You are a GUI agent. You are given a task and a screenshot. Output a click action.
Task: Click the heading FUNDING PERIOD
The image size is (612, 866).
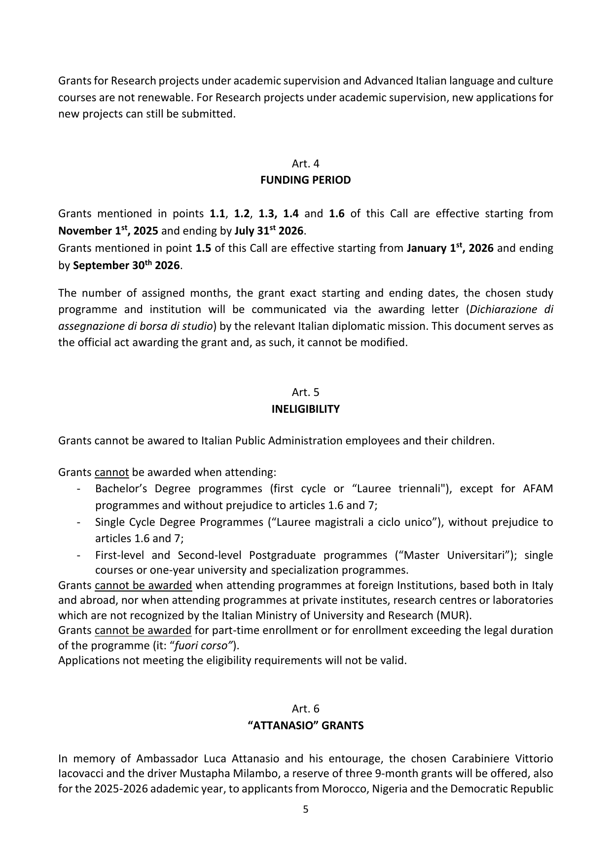(305, 180)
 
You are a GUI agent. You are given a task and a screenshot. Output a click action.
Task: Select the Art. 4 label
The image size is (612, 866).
(305, 163)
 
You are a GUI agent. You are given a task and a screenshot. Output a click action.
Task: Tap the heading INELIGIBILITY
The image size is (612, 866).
(305, 409)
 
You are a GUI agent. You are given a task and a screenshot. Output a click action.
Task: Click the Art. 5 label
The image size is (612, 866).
(305, 393)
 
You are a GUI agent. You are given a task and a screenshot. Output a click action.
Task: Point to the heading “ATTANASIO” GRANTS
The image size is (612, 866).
(305, 726)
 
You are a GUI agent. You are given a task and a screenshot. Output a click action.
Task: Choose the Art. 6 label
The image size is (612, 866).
(305, 709)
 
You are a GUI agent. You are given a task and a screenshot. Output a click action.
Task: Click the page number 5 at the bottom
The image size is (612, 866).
(305, 809)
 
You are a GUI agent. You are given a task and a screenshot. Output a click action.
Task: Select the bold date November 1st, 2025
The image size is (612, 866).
(108, 231)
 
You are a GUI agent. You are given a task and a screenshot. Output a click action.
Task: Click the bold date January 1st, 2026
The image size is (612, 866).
(450, 248)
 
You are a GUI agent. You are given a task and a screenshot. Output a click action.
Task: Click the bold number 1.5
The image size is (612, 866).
(203, 248)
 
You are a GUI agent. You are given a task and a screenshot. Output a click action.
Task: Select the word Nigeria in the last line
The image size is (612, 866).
(389, 788)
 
